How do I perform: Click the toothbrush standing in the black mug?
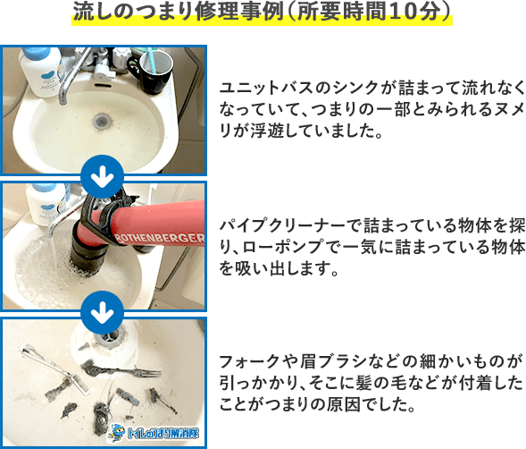160,58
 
